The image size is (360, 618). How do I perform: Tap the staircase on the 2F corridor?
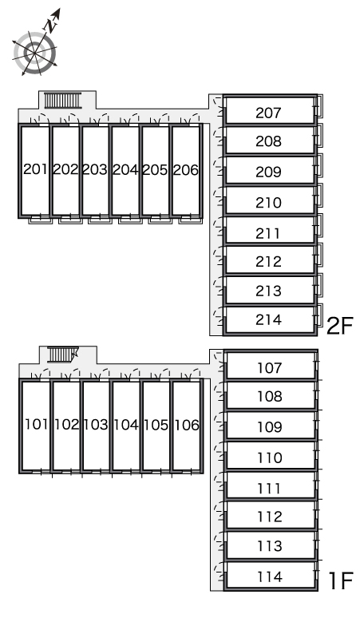[62, 100]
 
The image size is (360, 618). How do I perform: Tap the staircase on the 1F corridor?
[62, 355]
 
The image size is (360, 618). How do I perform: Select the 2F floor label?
[339, 326]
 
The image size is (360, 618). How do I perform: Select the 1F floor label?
[340, 580]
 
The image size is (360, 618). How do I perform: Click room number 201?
[36, 169]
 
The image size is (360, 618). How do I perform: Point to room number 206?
[185, 170]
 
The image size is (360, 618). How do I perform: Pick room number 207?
[268, 113]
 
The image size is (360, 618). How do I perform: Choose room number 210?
[268, 203]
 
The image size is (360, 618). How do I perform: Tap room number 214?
[268, 319]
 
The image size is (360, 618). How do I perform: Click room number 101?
[37, 425]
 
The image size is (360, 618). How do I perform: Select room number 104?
[126, 425]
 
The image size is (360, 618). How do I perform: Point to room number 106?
[186, 425]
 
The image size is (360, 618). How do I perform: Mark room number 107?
[270, 368]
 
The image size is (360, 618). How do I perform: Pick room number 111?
[270, 489]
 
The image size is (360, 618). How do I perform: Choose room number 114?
[270, 577]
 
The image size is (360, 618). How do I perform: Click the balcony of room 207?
[320, 105]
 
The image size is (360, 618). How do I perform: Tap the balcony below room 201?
[41, 220]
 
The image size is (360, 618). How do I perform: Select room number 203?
[95, 170]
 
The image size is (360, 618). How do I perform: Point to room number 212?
[268, 262]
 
